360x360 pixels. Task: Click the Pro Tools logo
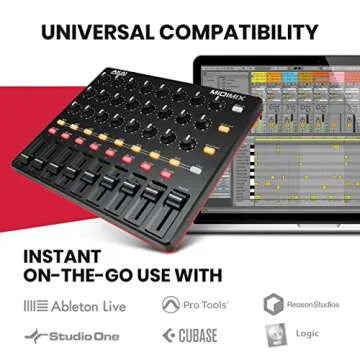coord(194,302)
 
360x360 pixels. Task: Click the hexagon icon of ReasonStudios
coord(273,302)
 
